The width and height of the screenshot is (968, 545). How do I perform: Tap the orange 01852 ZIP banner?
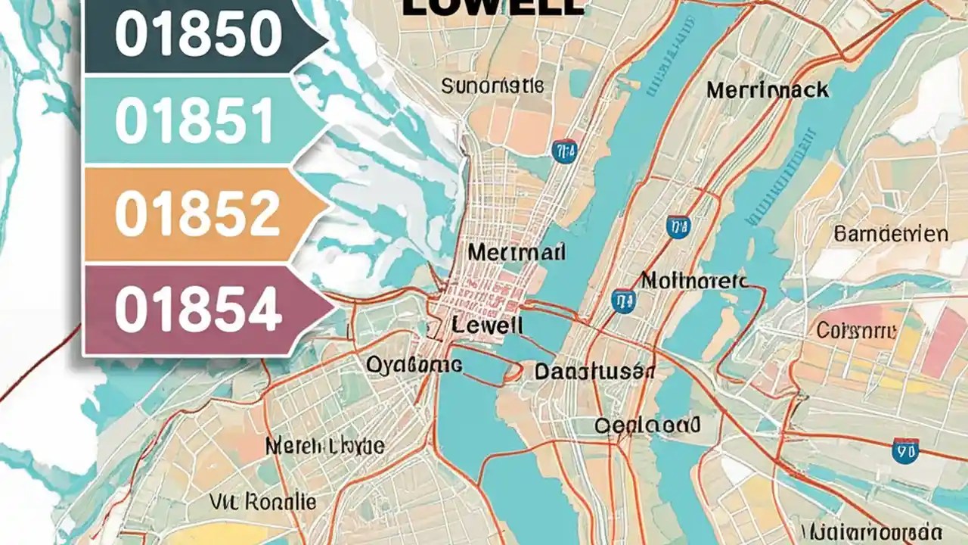click(197, 215)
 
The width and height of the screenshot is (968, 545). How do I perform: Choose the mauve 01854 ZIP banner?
click(199, 310)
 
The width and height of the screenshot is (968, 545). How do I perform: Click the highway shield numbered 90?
click(905, 450)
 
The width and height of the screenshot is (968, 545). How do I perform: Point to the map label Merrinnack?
click(767, 90)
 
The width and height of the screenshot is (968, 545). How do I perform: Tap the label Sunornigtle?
click(492, 86)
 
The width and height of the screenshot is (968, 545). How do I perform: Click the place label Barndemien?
click(891, 234)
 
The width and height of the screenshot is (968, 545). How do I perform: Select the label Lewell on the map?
click(487, 325)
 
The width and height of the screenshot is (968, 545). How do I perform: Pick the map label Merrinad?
click(516, 252)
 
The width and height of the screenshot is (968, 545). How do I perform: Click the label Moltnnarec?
click(693, 282)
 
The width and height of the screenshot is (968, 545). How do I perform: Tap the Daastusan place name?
click(594, 372)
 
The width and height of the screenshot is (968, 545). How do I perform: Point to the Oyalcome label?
click(414, 365)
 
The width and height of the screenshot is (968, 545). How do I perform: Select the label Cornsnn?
click(856, 330)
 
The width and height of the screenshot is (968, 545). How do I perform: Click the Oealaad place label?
click(647, 425)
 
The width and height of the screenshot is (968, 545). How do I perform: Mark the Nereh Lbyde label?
click(324, 446)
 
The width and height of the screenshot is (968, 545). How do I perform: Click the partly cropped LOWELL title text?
click(494, 8)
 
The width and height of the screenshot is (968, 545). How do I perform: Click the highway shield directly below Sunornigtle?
click(563, 151)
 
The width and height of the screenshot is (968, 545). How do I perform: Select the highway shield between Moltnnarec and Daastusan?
click(622, 301)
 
